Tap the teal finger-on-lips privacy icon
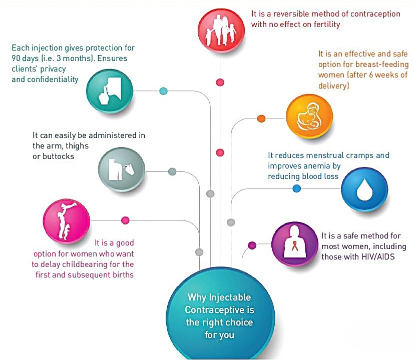110,91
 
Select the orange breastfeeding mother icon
309,116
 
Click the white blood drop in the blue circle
364,190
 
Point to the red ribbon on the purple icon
294,246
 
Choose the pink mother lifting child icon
67,221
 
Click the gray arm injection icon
122,169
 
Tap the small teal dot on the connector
163,91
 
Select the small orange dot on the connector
261,118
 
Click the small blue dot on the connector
297,188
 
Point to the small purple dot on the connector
252,245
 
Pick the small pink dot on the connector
125,220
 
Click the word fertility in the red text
327,24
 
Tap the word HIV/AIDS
378,256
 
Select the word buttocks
58,156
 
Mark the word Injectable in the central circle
230,297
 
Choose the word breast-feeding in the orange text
382,64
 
